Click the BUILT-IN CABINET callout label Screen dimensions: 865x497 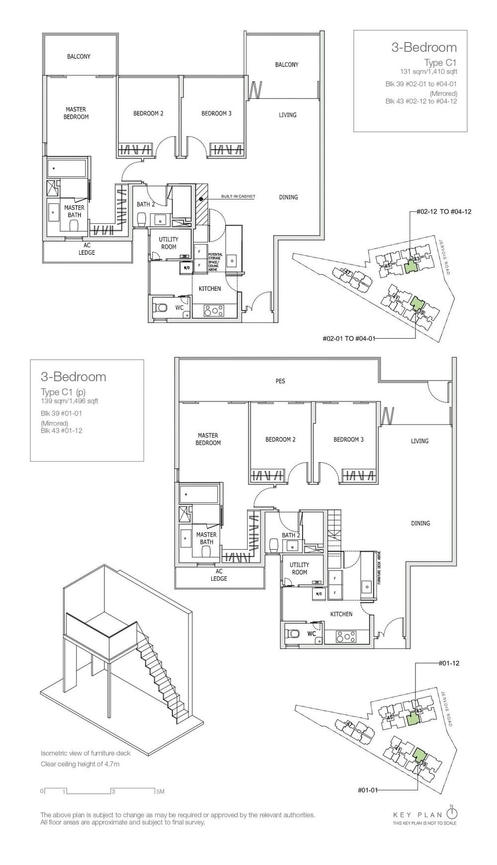coord(239,197)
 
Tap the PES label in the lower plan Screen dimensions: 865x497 coord(280,381)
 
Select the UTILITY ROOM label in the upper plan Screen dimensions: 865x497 coord(168,243)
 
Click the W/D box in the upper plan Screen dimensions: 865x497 coord(186,268)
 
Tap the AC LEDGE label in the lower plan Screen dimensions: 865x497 coord(219,575)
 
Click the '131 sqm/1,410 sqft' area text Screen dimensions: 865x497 coord(428,72)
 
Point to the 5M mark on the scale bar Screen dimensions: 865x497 coord(160,791)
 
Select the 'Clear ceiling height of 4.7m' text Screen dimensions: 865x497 coord(80,764)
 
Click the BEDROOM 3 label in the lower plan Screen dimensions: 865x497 coord(348,439)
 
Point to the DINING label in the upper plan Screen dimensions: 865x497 coord(288,197)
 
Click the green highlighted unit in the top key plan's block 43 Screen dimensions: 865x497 coord(410,267)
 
